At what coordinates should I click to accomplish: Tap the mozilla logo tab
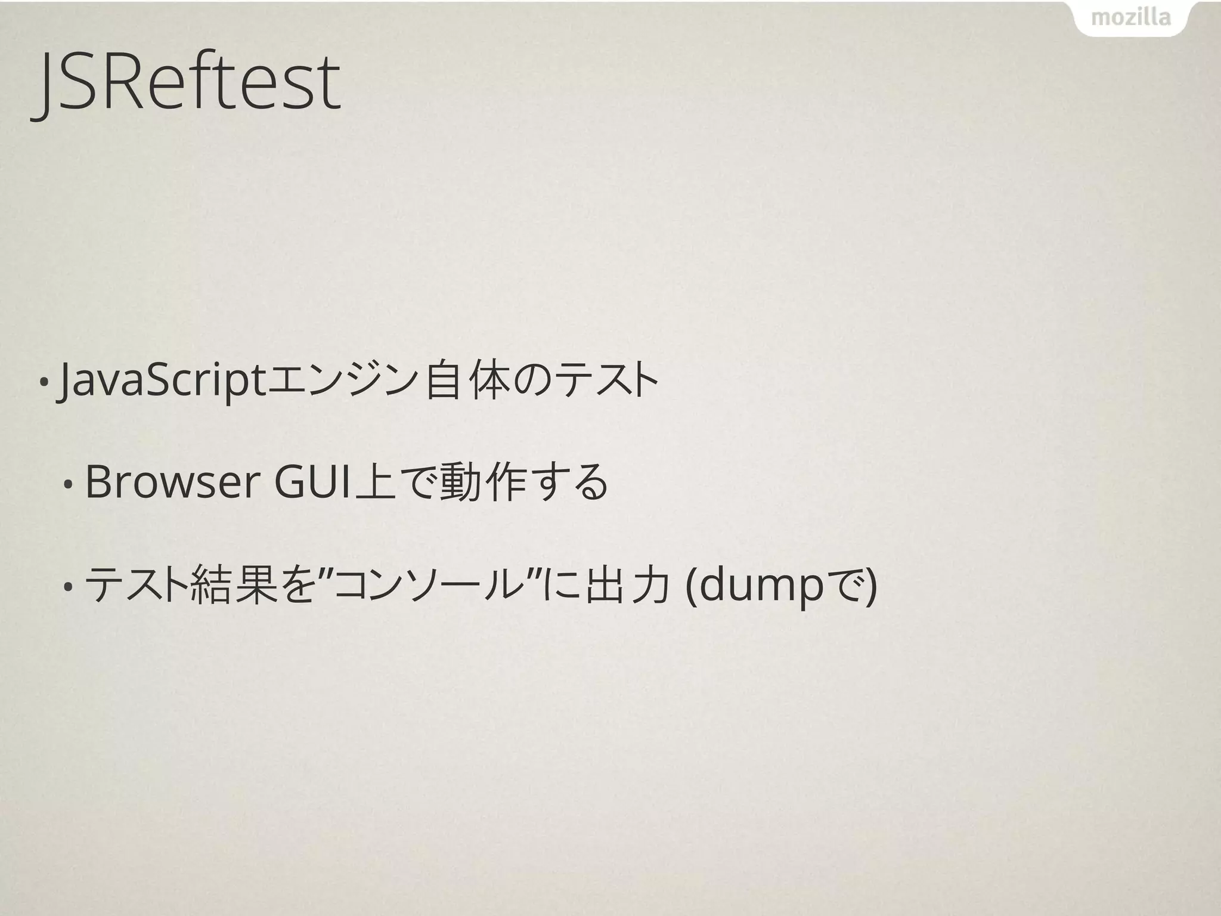[1131, 18]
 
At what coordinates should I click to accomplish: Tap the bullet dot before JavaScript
[44, 382]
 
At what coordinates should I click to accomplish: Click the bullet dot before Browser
[69, 484]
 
